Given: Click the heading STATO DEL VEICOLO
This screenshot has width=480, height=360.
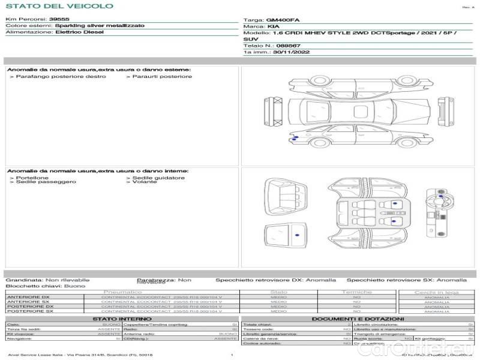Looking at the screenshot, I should point(59,6).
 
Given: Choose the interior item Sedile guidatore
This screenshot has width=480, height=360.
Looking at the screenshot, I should point(158,178).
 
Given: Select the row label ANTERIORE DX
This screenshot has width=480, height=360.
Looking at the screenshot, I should point(28,297).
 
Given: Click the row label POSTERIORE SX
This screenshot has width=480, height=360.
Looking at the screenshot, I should point(28,311).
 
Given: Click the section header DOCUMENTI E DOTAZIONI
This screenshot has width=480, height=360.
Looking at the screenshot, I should point(357,319).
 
